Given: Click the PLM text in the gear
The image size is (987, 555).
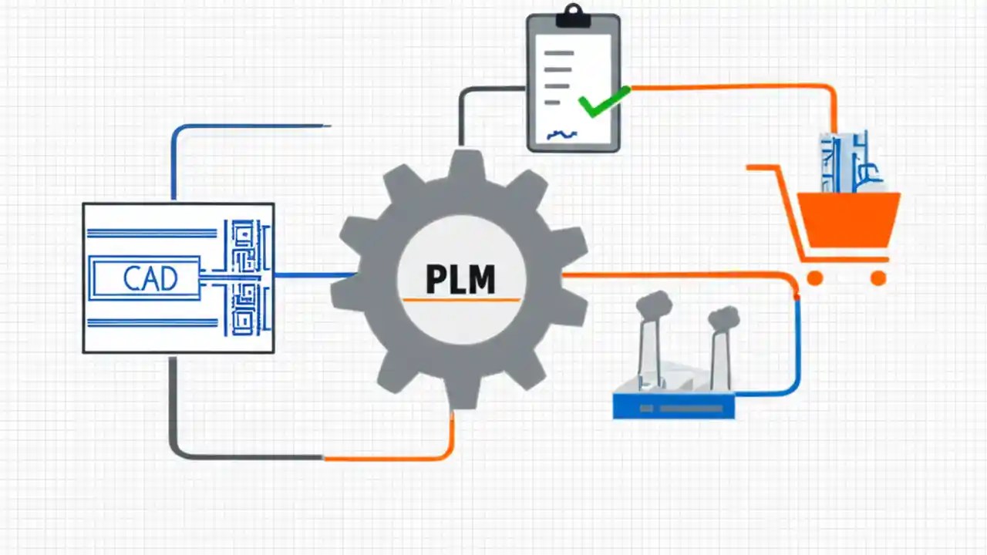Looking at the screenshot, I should pos(460,279).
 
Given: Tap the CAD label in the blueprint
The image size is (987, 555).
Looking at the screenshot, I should pos(150,278).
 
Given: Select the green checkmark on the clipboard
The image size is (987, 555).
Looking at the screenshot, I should pos(603,103).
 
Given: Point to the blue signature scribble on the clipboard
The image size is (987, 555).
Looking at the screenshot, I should pos(561,135).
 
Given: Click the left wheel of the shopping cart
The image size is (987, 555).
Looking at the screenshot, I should pos(814,278).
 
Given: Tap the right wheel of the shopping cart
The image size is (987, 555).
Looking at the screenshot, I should pos(878,278).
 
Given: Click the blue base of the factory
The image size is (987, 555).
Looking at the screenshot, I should pos(673,406).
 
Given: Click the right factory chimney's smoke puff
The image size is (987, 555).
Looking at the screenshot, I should pos(723,316).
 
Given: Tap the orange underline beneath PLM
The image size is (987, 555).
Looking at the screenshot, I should pos(460,299).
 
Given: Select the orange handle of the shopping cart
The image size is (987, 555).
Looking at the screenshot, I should pos(763,167).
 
